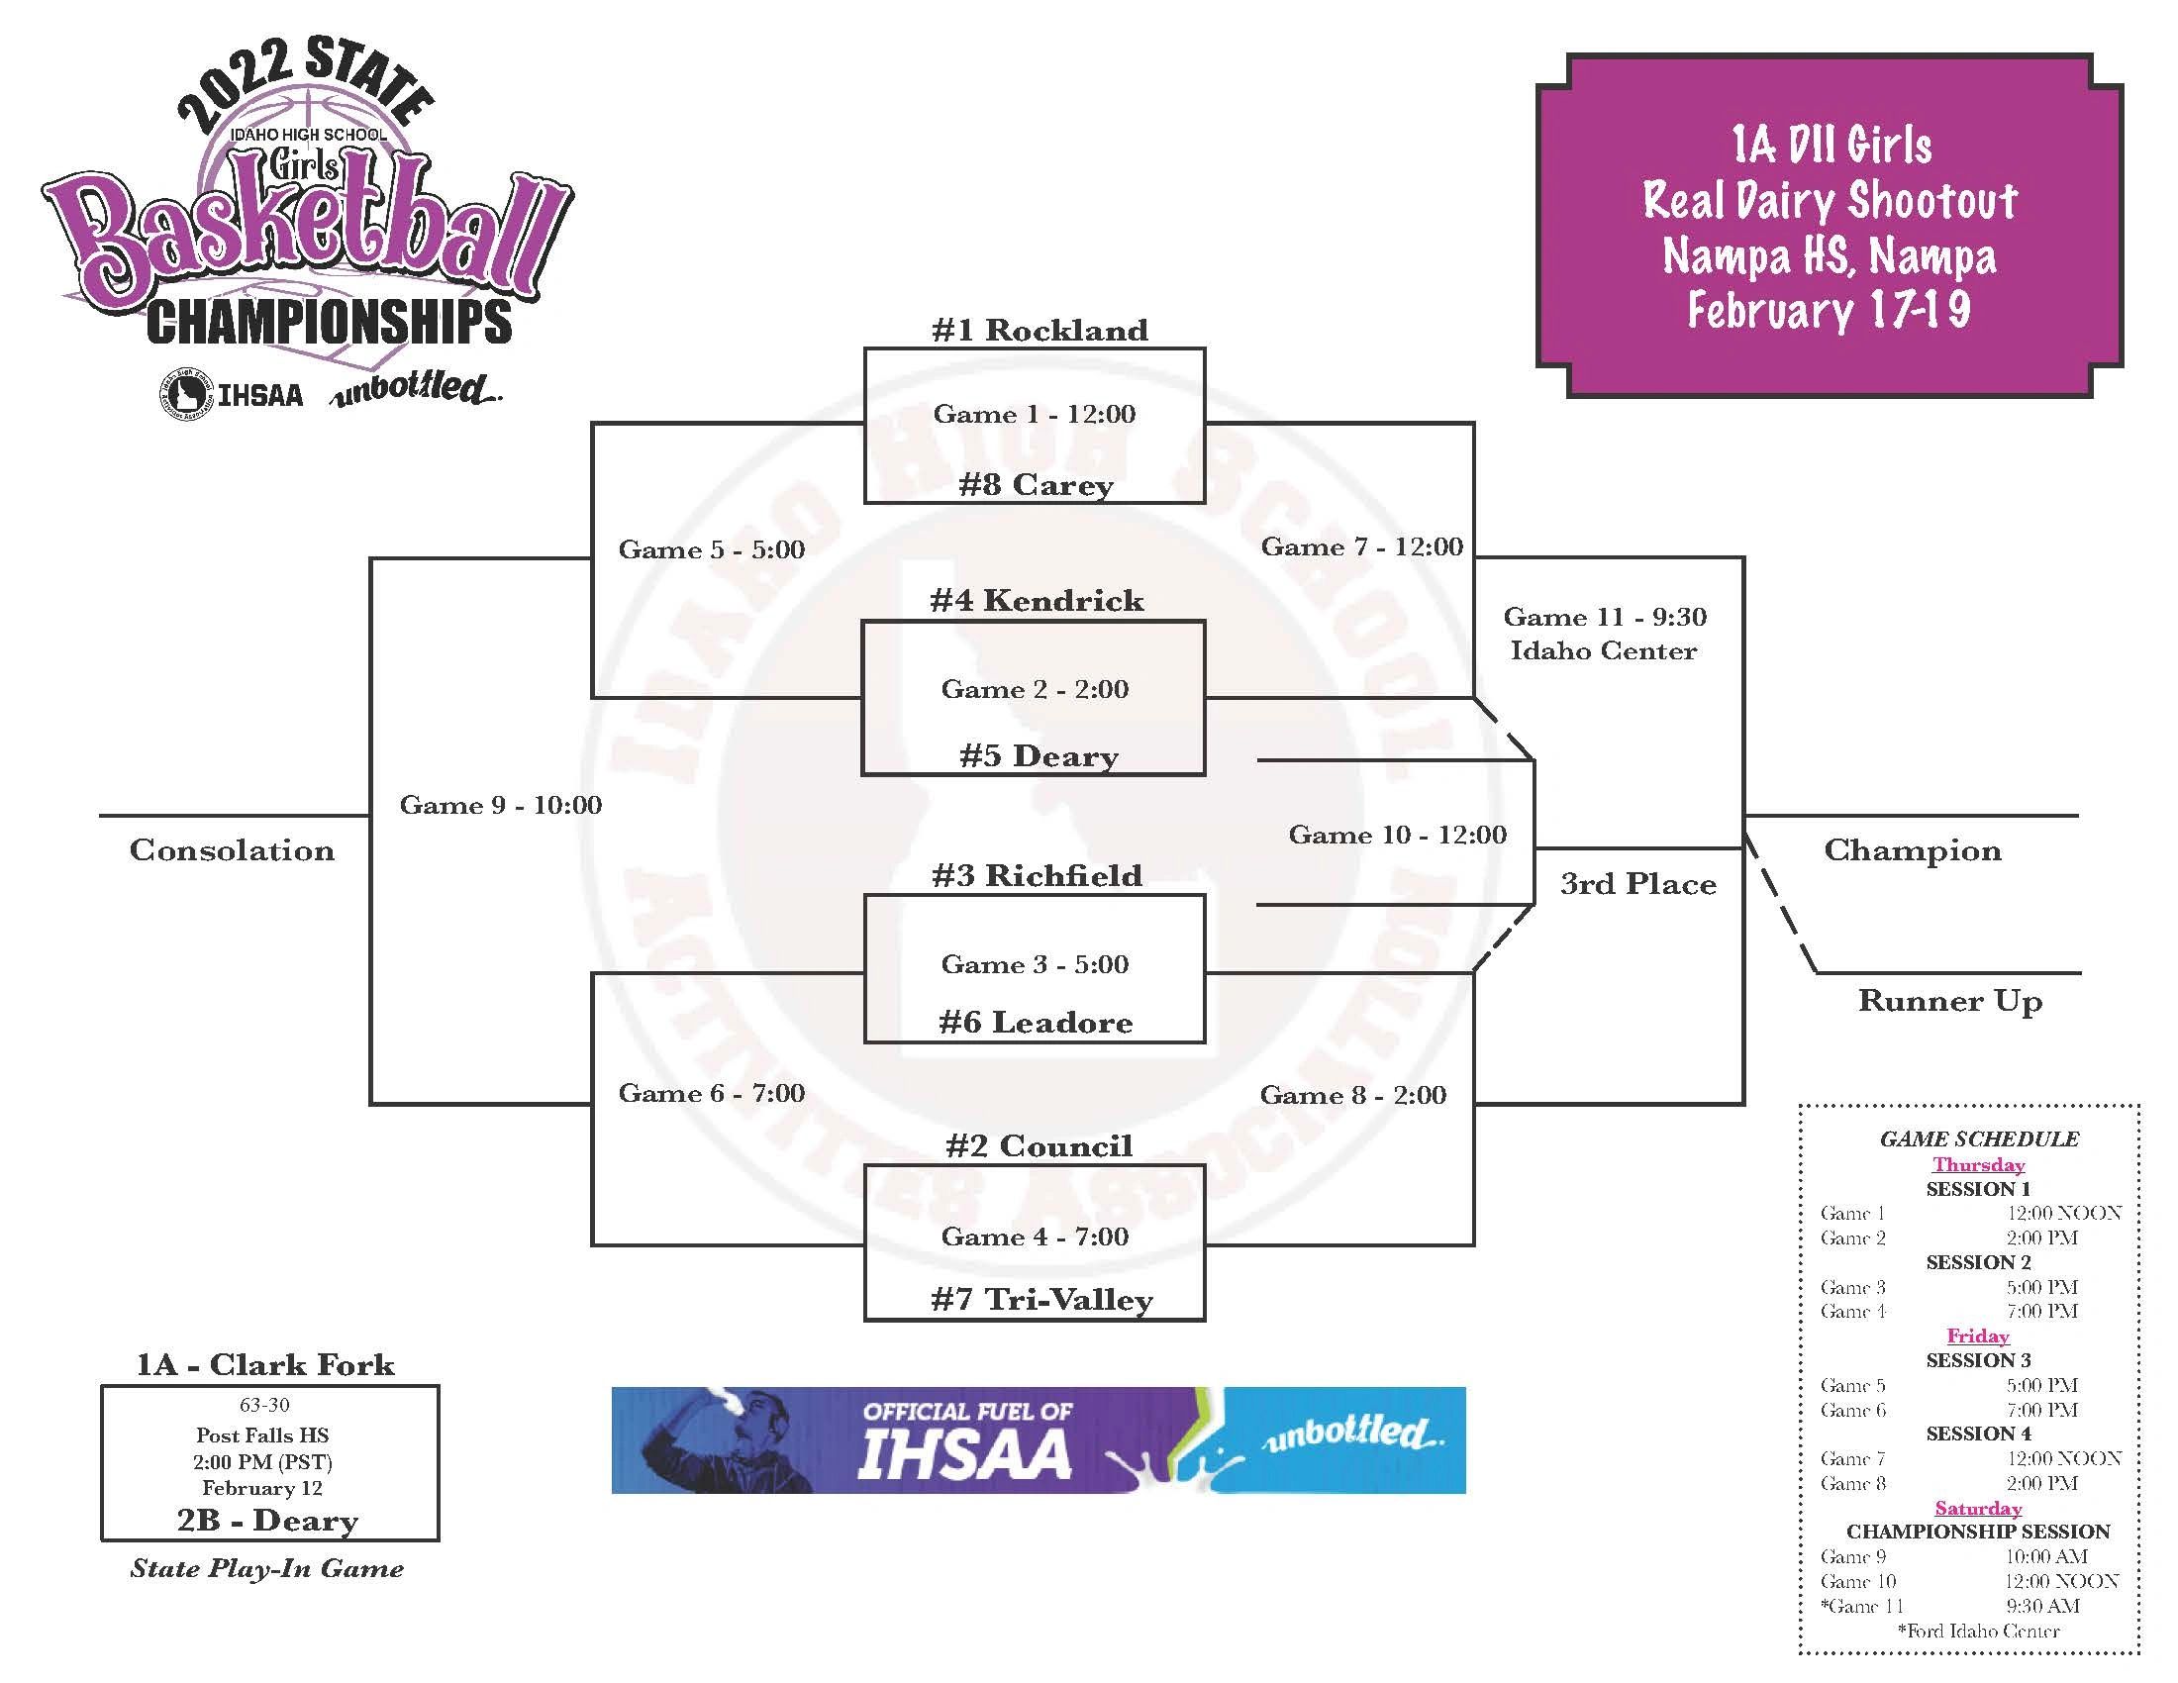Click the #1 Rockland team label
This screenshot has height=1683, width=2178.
[1039, 330]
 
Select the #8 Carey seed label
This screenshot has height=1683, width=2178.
[1037, 485]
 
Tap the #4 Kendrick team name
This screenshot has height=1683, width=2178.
[1037, 600]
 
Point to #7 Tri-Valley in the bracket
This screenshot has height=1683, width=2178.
[1041, 1299]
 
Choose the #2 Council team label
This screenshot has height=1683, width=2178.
[1039, 1145]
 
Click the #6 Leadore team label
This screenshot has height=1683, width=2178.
[1037, 1022]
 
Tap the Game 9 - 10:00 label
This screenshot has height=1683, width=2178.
[501, 805]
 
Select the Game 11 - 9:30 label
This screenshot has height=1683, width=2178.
[1605, 617]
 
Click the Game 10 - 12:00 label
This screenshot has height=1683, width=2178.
[1397, 835]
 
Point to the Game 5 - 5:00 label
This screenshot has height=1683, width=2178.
[711, 549]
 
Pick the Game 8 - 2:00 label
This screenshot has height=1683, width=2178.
[1352, 1095]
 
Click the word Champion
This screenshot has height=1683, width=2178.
[1912, 850]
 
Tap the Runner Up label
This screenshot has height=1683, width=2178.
[1949, 1001]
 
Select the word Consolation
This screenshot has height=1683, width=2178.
[232, 850]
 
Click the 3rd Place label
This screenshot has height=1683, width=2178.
[1637, 884]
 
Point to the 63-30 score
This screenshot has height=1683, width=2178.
[264, 1405]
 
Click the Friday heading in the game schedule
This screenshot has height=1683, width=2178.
[1978, 1336]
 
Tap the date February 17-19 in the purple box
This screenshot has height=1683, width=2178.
[1829, 310]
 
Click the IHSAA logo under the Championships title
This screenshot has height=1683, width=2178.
[232, 394]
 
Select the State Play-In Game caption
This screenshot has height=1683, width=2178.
[267, 1568]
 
